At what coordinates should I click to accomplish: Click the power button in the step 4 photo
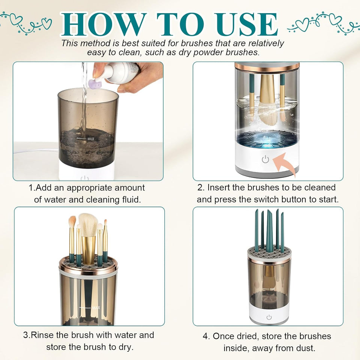point(269,317)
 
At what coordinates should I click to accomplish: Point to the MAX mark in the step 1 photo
point(90,138)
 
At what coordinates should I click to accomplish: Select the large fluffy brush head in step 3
point(88,225)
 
